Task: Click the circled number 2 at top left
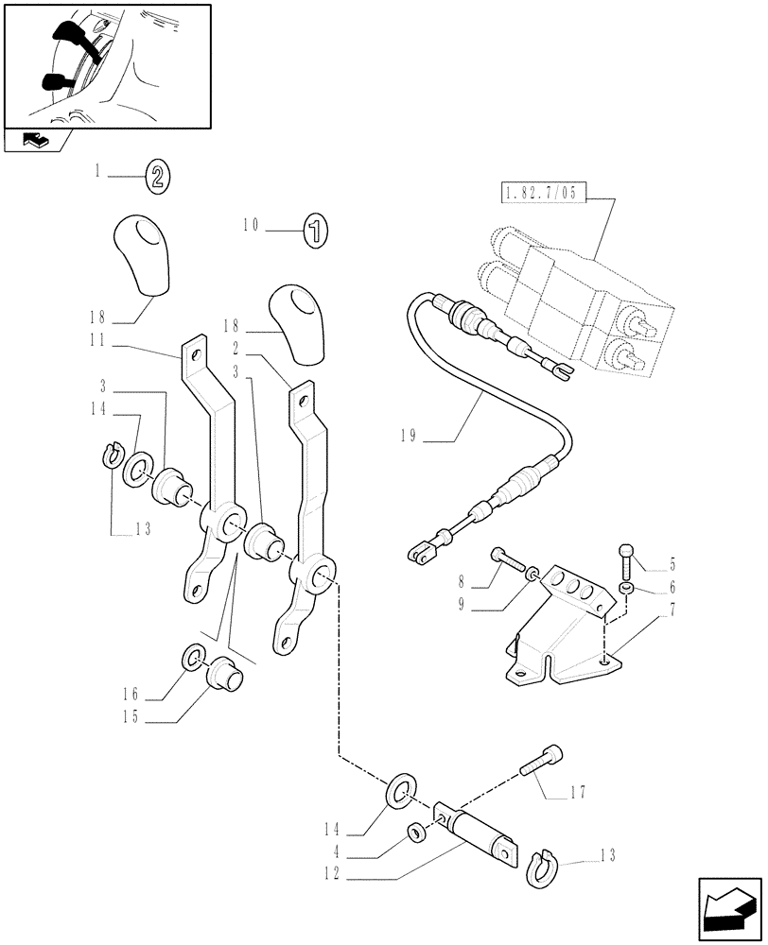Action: (x=156, y=175)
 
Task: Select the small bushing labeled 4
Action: (x=413, y=830)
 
